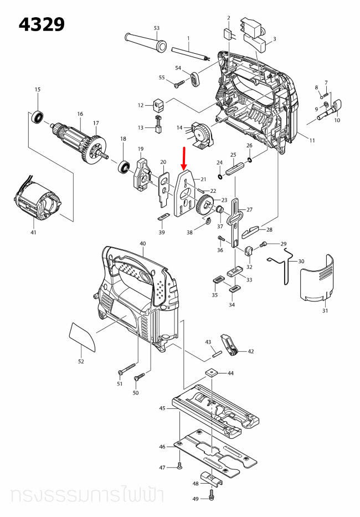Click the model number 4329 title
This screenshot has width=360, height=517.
pos(42,24)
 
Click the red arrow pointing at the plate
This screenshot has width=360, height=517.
pos(185,158)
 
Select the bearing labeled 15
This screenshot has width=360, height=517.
pos(38,117)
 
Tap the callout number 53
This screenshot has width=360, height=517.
pos(156,28)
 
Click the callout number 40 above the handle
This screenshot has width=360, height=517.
pos(142,244)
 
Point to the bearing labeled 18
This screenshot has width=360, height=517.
pos(123,165)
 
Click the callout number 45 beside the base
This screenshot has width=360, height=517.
pos(162,408)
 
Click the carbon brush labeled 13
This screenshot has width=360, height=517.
pos(157,128)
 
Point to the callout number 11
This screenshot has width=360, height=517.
pos(312,141)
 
